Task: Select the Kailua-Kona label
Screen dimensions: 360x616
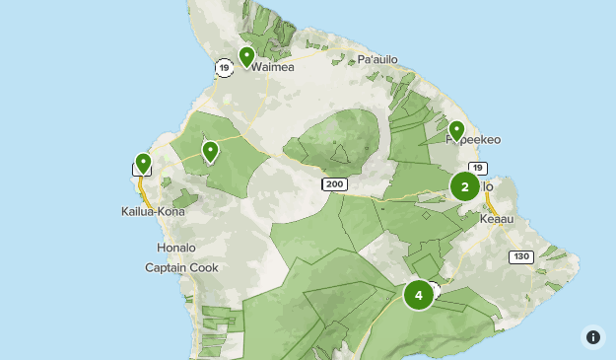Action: tap(153, 211)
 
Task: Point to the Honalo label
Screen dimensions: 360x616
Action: tap(176, 248)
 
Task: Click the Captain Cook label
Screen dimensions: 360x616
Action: tap(181, 267)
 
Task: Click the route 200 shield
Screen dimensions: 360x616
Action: tap(334, 184)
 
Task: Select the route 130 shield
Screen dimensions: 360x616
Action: tap(521, 256)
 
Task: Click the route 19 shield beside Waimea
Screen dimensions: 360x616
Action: tap(225, 67)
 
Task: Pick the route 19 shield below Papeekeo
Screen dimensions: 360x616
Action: tap(478, 168)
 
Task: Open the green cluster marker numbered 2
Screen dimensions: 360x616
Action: tap(465, 186)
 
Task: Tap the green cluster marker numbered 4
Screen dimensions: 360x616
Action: tap(419, 294)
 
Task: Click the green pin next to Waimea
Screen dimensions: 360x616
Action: tap(246, 56)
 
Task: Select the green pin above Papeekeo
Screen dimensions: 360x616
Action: tap(456, 130)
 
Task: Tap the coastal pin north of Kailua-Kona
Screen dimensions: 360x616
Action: tap(143, 163)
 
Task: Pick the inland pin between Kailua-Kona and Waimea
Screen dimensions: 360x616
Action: tap(210, 151)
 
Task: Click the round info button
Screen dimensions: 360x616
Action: tap(593, 336)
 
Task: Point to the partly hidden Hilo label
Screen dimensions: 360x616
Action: tap(486, 189)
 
